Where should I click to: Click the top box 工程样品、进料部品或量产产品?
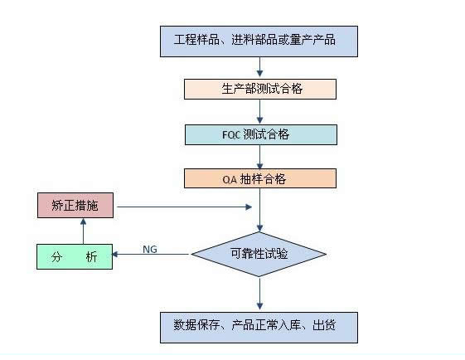pyautogui.click(x=259, y=41)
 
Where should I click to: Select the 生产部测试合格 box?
pyautogui.click(x=260, y=89)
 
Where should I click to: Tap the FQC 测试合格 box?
pyautogui.click(x=261, y=134)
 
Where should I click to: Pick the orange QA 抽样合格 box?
pyautogui.click(x=260, y=178)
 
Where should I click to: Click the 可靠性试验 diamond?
pyautogui.click(x=259, y=255)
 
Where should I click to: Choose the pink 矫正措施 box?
pyautogui.click(x=75, y=206)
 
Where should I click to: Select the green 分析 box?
pyautogui.click(x=75, y=256)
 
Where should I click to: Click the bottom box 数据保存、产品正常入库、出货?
pyautogui.click(x=259, y=328)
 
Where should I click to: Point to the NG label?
pyautogui.click(x=150, y=250)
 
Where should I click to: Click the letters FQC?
pyautogui.click(x=231, y=135)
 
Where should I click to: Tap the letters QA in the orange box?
pyautogui.click(x=230, y=179)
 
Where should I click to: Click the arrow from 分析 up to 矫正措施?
pyautogui.click(x=84, y=231)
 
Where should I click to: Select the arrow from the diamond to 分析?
pyautogui.click(x=150, y=255)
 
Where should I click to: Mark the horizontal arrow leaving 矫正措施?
pyautogui.click(x=185, y=207)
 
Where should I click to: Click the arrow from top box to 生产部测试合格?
pyautogui.click(x=260, y=67)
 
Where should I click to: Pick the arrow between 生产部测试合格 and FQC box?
pyautogui.click(x=260, y=112)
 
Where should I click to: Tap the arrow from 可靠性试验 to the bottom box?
pyautogui.click(x=260, y=294)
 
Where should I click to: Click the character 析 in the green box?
pyautogui.click(x=91, y=257)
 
